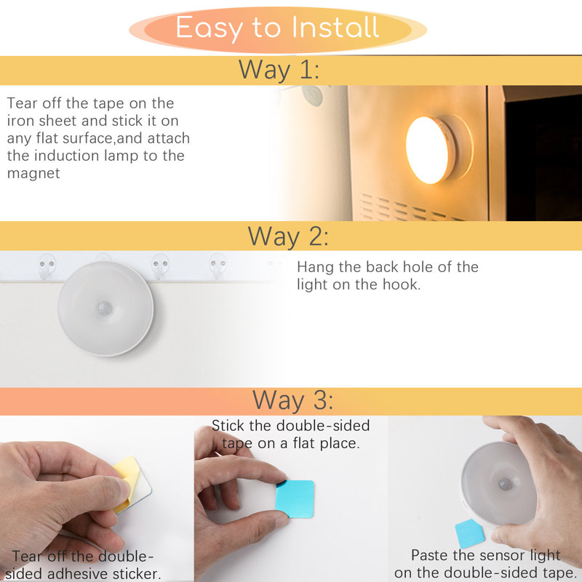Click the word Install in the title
[335, 28]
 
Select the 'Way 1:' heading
[279, 70]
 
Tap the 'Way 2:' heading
[288, 236]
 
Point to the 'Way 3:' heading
[293, 400]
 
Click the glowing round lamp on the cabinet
[430, 149]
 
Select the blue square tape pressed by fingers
[295, 498]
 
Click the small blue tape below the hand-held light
[469, 533]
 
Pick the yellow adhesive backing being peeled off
[127, 481]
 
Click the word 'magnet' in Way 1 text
[33, 173]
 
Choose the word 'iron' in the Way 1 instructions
[22, 121]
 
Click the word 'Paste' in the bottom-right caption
[433, 556]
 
